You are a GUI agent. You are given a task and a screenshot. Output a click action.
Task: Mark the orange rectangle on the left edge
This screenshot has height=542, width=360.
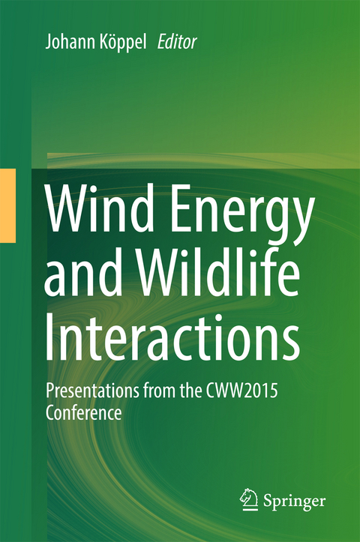(x=7, y=205)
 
